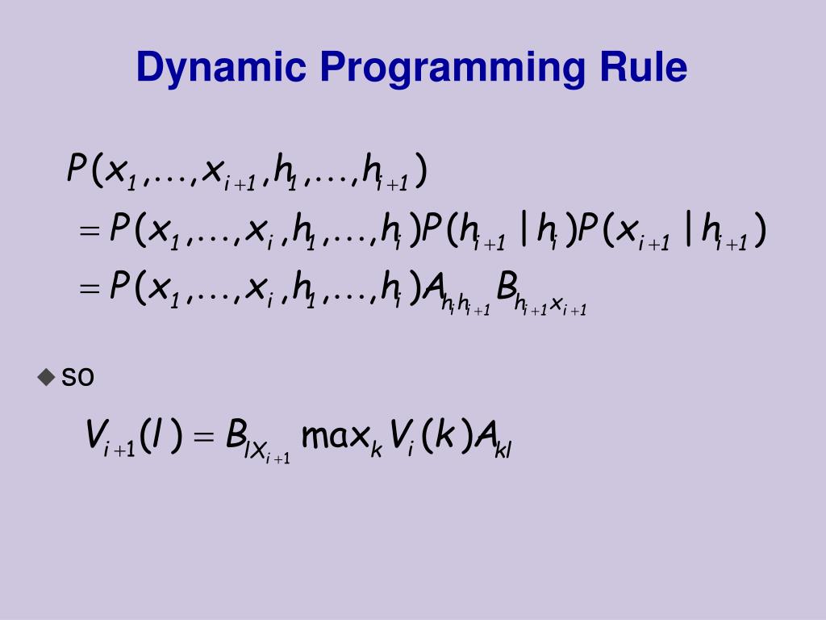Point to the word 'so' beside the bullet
point(78,377)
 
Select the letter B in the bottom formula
point(236,436)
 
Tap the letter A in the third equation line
point(435,287)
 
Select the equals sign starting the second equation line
point(90,233)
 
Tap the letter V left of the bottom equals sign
point(95,436)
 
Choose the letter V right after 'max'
point(398,437)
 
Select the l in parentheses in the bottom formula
point(154,437)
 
